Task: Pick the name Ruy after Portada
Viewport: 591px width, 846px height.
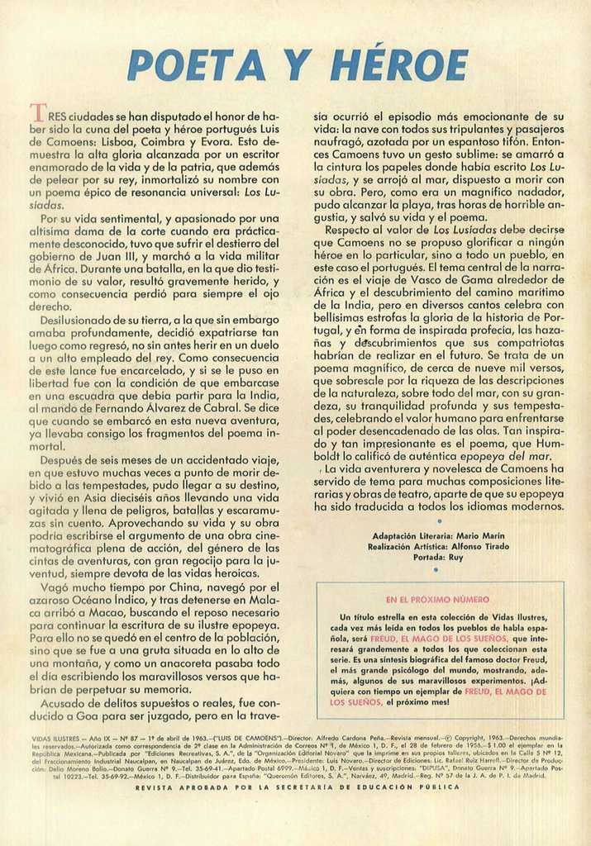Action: click(456, 558)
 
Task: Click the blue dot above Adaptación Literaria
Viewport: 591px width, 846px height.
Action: click(440, 521)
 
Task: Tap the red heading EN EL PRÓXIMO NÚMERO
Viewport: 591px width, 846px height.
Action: click(438, 599)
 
